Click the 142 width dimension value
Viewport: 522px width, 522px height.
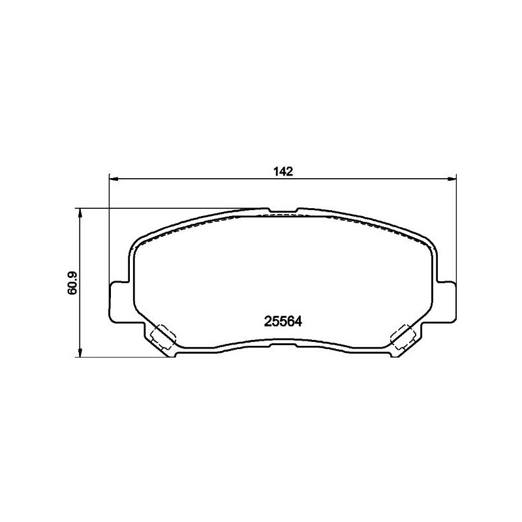282,172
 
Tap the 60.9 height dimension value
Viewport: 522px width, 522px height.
73,283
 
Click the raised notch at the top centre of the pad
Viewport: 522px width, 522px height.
282,210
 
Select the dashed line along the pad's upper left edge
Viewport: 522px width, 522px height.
196,224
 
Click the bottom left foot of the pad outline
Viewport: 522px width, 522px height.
172,354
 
